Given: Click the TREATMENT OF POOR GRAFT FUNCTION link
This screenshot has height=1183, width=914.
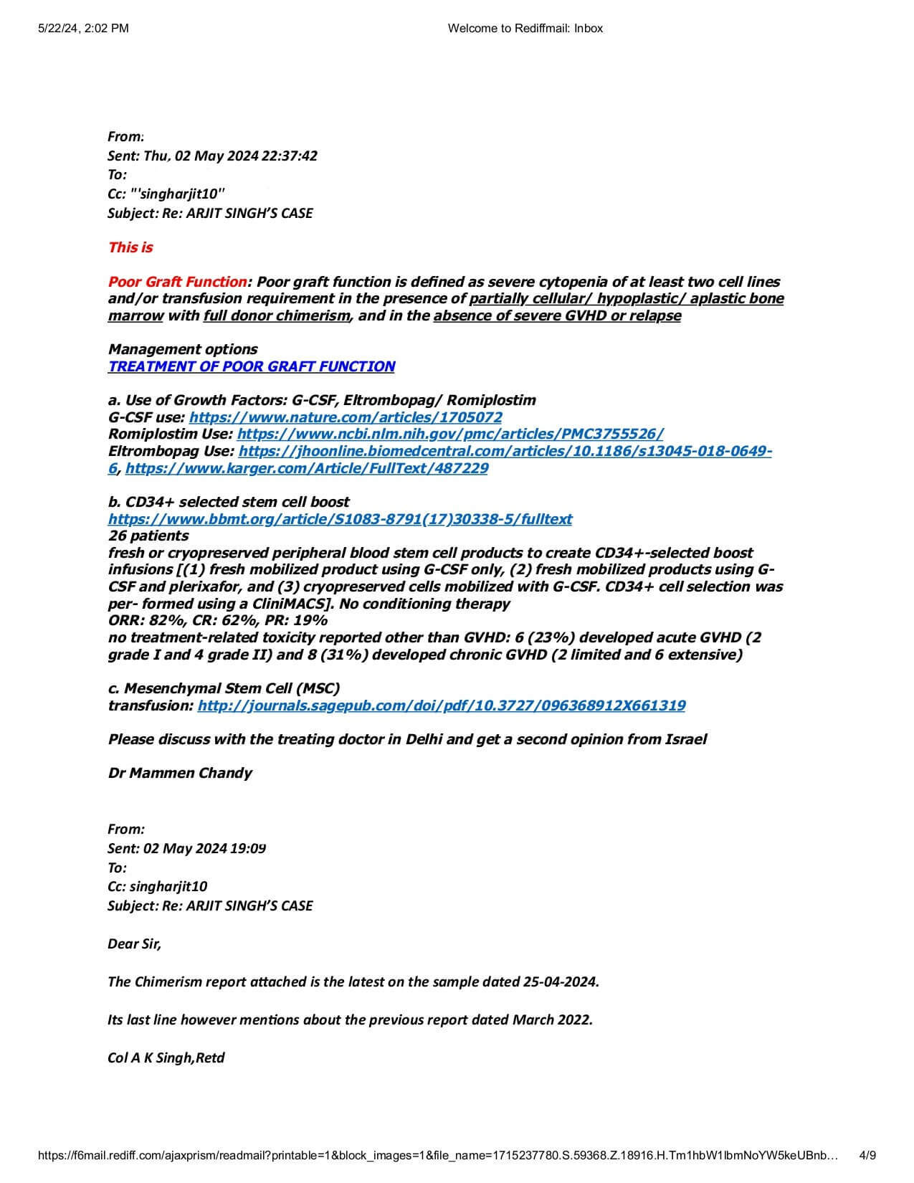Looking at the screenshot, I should tap(251, 366).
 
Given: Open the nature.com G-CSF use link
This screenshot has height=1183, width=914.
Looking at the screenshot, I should tap(346, 417).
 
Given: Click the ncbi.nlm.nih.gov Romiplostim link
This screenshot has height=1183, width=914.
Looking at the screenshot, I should tap(449, 434).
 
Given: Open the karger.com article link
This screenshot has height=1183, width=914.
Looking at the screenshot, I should tap(307, 468).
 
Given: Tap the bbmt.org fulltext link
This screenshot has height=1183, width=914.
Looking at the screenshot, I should tap(340, 519).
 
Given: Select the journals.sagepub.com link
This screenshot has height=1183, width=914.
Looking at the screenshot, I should tap(441, 705).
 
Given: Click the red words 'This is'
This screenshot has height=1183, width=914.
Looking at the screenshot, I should tap(130, 247).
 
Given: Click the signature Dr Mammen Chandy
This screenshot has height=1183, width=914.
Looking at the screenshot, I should tap(180, 773).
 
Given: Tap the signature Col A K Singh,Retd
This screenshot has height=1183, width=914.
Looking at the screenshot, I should tap(166, 1058).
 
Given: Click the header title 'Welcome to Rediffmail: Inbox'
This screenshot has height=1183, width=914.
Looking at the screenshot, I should tap(525, 28).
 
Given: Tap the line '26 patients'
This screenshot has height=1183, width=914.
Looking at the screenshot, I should tap(148, 536).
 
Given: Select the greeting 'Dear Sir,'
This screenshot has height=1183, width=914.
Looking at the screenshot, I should tap(135, 944).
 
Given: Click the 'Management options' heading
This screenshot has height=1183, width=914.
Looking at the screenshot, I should tap(183, 349).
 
